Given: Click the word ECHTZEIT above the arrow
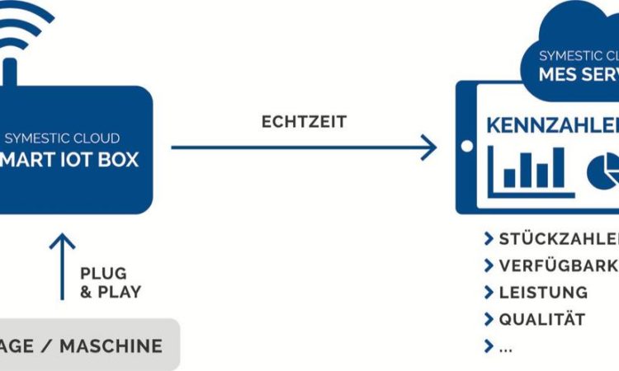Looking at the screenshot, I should [x=304, y=122].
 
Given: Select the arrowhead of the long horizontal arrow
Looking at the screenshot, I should [x=428, y=148].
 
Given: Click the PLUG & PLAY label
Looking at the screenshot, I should [x=111, y=282].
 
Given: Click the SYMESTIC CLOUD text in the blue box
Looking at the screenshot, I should [x=62, y=138].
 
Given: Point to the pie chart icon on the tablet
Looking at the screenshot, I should [x=602, y=170].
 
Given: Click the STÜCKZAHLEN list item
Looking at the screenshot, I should [x=558, y=239].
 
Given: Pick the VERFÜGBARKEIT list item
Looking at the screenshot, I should [x=558, y=265].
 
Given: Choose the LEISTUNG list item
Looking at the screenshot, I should [x=543, y=292].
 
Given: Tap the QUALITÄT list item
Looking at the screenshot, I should [x=541, y=319].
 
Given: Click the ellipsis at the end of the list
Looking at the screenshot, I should [x=505, y=346].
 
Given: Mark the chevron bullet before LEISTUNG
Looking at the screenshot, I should [x=489, y=292].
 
